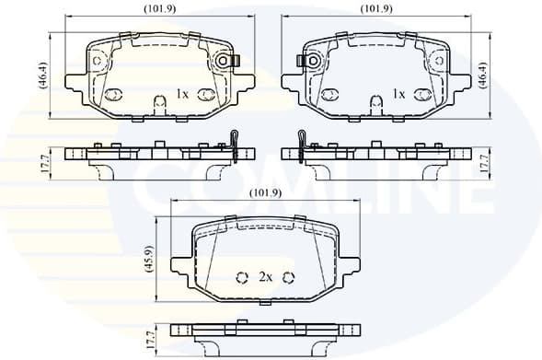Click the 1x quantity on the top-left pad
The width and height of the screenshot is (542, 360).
click(x=181, y=95)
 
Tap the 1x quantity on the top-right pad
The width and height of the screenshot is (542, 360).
click(x=398, y=95)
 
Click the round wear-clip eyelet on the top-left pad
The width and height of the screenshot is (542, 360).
click(x=221, y=61)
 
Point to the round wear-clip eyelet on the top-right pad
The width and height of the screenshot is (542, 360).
click(x=311, y=61)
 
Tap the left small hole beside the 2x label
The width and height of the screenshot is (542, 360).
click(x=244, y=278)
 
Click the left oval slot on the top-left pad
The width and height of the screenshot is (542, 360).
click(x=116, y=94)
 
